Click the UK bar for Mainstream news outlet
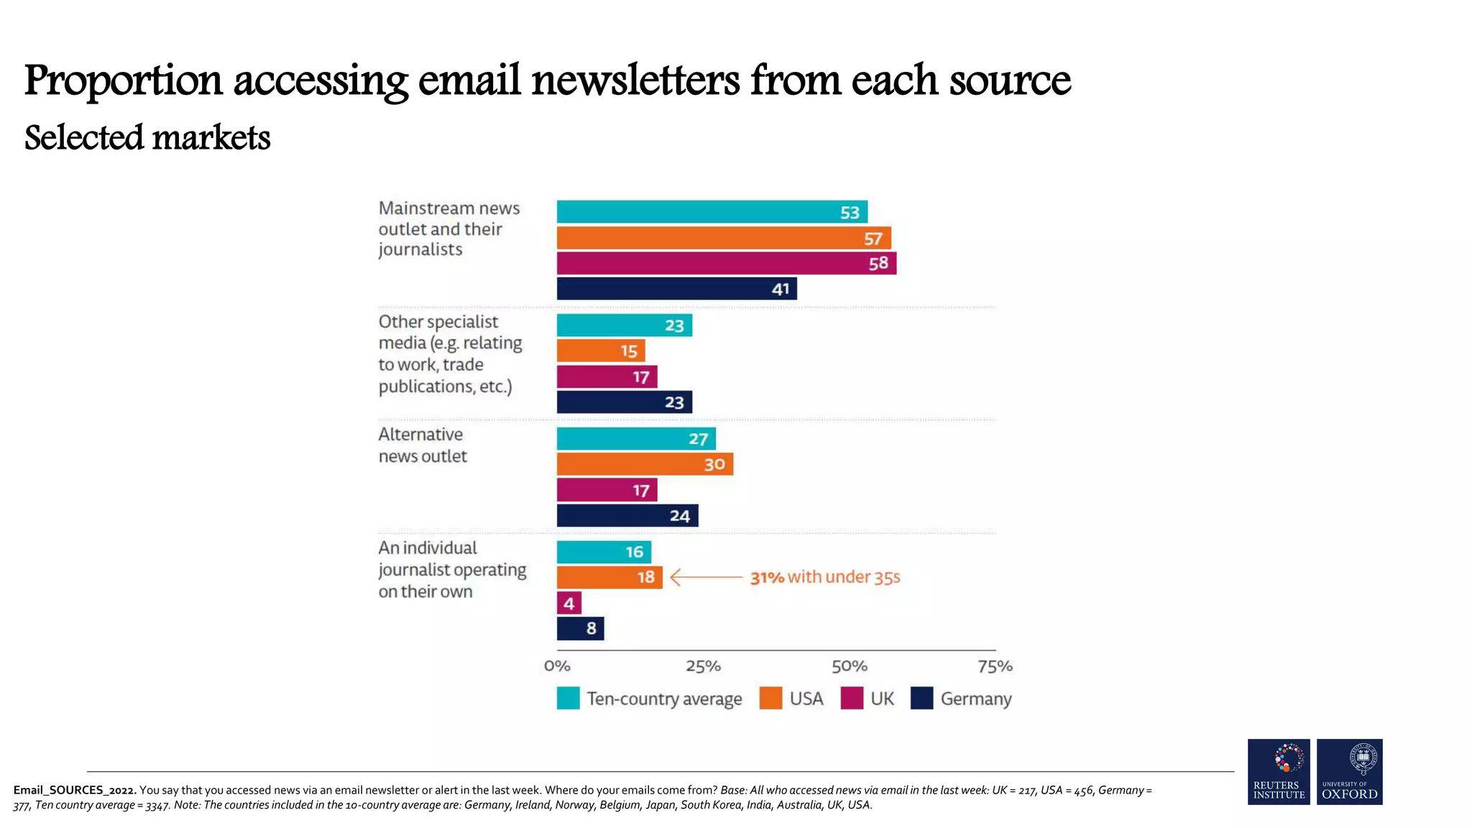pos(726,263)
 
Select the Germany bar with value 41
pos(676,289)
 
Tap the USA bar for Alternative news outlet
pos(644,464)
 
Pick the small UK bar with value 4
pos(569,603)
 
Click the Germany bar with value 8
pos(580,629)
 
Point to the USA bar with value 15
pos(600,351)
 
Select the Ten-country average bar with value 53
pos(712,212)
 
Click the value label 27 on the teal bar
pos(698,439)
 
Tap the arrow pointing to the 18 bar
pos(705,577)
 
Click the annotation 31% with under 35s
pos(824,577)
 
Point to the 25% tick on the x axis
pos(703,666)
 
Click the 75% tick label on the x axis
pos(995,666)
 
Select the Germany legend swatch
pos(921,699)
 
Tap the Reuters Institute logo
pos(1279,772)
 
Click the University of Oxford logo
pos(1349,772)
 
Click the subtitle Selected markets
pos(147,138)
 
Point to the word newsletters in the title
pos(635,80)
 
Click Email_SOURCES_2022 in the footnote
pos(74,790)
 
